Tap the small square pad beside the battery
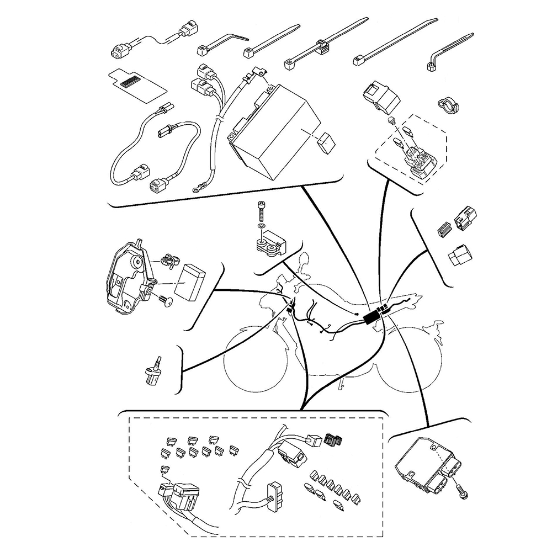(326, 142)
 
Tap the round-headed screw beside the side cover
(165, 300)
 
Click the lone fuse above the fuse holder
(163, 469)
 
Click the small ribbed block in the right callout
(442, 230)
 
